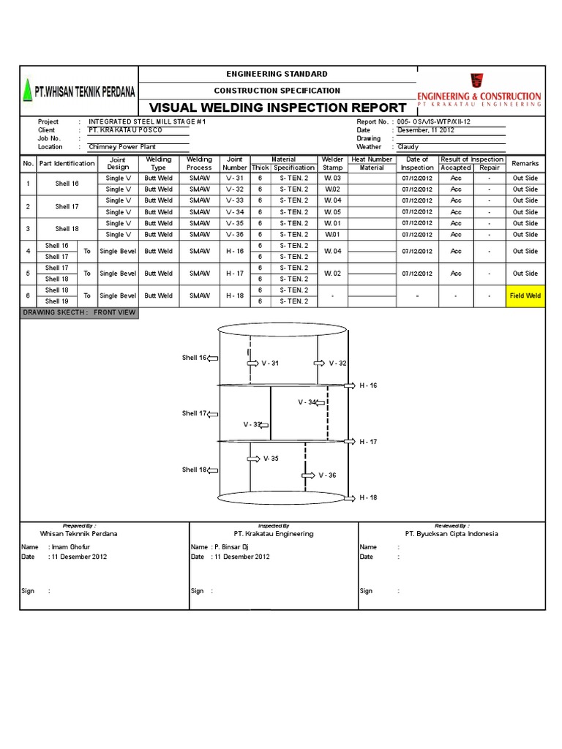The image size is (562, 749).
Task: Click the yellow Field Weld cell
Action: click(x=525, y=296)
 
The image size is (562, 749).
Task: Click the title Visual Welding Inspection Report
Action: click(x=277, y=107)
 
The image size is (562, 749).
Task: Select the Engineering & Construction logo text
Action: click(x=479, y=96)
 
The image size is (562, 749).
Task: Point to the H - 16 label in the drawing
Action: click(x=367, y=385)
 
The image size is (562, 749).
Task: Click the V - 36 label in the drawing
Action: click(x=327, y=475)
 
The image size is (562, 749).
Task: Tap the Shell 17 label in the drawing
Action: click(x=194, y=413)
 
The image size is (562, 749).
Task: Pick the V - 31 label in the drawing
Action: click(x=270, y=363)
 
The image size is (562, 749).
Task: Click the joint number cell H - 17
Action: click(x=234, y=274)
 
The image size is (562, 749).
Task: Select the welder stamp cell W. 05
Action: click(x=332, y=212)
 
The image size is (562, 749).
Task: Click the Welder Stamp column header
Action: click(x=332, y=163)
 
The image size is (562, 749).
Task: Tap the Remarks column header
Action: click(x=525, y=163)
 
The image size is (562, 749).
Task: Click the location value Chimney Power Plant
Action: click(x=122, y=146)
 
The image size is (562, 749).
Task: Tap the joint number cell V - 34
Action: click(x=234, y=212)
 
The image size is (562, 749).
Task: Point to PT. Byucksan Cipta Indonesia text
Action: click(x=452, y=533)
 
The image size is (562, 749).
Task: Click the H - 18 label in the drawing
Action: click(x=367, y=497)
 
